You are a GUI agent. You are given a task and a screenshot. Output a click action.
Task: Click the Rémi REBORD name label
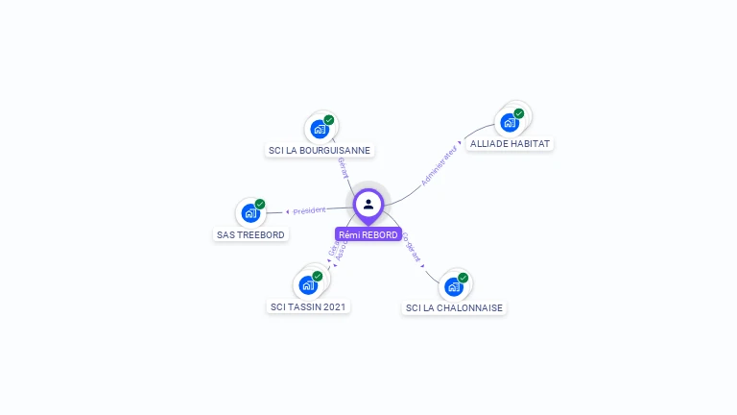368,234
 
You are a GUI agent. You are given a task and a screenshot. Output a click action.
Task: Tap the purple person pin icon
368,204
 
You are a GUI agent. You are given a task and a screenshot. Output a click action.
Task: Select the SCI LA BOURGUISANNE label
320,150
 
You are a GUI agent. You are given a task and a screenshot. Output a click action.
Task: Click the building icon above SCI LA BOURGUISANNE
320,129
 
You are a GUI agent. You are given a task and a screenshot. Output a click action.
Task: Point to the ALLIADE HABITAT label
511,144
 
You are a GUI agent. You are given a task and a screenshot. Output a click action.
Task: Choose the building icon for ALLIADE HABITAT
510,122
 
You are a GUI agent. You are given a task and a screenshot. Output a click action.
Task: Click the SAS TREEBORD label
250,234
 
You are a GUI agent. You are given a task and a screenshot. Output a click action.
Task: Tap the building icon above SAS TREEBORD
250,213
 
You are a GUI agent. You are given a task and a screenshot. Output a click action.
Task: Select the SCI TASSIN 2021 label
309,306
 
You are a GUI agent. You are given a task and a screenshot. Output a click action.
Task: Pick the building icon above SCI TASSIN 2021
308,284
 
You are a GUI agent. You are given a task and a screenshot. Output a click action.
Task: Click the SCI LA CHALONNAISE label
454,307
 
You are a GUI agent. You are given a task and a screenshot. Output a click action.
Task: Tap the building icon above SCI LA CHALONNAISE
454,286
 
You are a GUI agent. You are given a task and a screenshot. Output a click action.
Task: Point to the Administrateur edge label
440,164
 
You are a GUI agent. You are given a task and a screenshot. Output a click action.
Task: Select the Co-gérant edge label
411,248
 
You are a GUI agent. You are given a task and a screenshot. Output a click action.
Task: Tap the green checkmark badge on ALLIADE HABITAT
519,113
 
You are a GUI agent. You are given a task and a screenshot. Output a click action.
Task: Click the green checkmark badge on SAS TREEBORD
260,204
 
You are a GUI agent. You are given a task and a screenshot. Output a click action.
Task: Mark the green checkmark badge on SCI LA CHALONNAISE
464,278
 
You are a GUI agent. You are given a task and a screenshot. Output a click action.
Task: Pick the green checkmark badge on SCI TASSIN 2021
318,276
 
